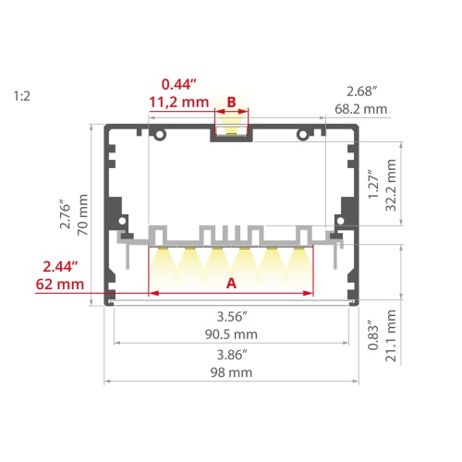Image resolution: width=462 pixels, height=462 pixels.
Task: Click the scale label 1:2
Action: click(22, 95)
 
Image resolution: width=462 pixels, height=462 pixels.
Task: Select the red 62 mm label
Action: click(57, 285)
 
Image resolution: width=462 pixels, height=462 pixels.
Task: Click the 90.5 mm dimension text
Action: click(232, 334)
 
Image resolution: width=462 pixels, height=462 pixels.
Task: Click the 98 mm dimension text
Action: click(232, 372)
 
